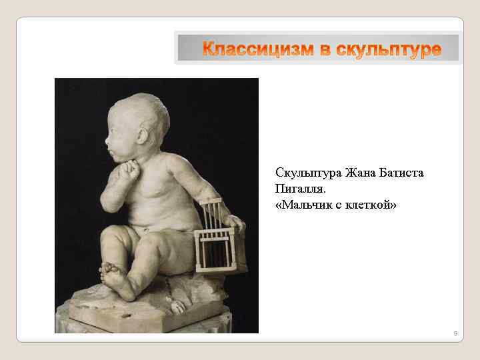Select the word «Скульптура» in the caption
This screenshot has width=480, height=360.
click(307, 173)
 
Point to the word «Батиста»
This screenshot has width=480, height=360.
click(403, 173)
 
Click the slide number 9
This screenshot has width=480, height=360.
click(455, 333)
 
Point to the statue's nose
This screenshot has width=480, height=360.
click(107, 140)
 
